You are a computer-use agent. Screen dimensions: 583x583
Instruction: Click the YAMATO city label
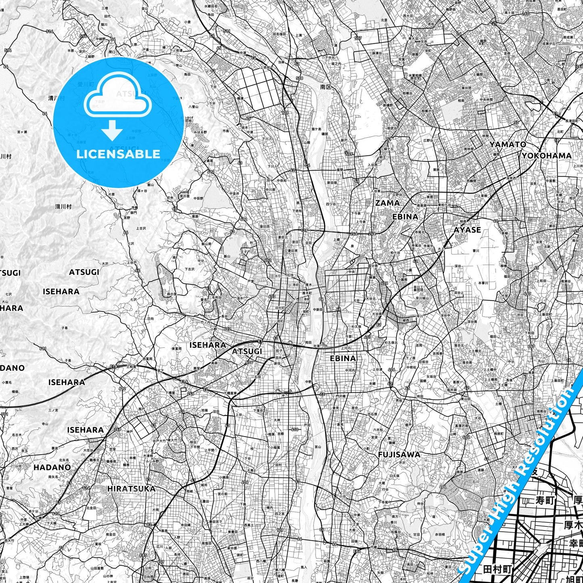(x=508, y=144)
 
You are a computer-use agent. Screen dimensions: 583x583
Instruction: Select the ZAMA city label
(x=387, y=203)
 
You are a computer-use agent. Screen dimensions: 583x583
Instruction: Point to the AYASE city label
(x=467, y=230)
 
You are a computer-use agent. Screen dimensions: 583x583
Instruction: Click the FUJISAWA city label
(x=399, y=455)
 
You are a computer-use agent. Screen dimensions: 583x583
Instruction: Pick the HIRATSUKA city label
(x=131, y=489)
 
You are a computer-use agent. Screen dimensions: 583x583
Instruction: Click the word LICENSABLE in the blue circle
(x=118, y=154)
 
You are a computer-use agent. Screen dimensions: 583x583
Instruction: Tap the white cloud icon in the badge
(x=117, y=97)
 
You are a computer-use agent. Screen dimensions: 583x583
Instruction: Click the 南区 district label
(x=326, y=87)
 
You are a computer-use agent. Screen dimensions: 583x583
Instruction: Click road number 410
(x=295, y=429)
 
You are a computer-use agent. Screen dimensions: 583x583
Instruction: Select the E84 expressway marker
(x=357, y=551)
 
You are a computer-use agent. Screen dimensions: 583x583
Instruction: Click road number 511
(x=227, y=31)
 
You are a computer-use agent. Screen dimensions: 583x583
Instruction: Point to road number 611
(x=43, y=348)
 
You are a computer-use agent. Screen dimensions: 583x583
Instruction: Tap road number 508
(x=299, y=78)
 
